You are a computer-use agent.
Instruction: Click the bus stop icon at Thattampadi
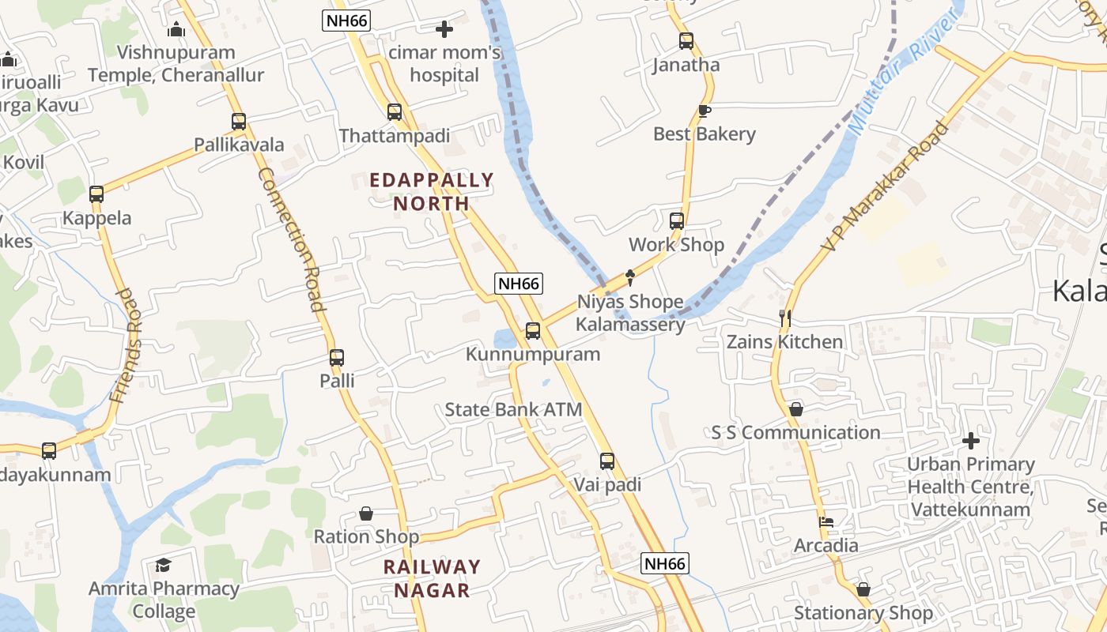coord(395,112)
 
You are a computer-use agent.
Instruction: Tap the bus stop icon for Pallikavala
coord(239,122)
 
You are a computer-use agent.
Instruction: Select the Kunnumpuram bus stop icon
coord(533,330)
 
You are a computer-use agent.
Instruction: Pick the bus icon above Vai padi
coord(606,461)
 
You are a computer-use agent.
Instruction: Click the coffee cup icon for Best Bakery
coord(705,111)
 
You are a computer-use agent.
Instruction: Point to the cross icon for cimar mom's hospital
coord(444,29)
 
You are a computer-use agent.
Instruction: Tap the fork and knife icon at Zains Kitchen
coord(785,318)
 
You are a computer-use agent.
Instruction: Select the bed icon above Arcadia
coord(826,522)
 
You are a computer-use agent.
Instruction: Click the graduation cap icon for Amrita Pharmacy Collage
coord(164,565)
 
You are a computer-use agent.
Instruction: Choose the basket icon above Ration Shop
coord(366,513)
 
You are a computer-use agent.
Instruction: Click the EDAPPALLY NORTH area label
coord(432,192)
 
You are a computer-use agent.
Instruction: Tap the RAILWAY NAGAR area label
coord(433,578)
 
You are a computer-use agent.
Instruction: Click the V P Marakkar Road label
coord(886,186)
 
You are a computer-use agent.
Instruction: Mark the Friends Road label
coord(127,346)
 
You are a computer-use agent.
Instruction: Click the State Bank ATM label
coord(513,409)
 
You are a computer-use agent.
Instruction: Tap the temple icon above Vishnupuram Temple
coord(176,30)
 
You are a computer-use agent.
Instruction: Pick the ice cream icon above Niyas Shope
coord(630,277)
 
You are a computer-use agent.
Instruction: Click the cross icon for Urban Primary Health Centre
coord(971,440)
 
